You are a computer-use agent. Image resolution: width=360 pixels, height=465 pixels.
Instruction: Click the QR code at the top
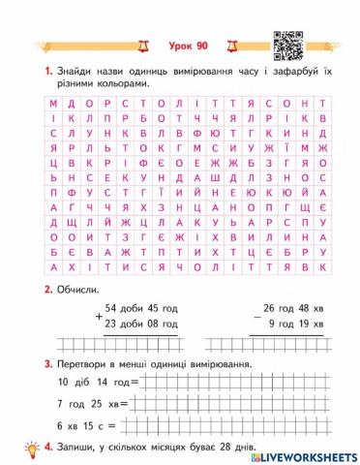(287, 43)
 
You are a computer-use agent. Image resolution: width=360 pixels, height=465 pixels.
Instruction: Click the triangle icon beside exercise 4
(38, 447)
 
